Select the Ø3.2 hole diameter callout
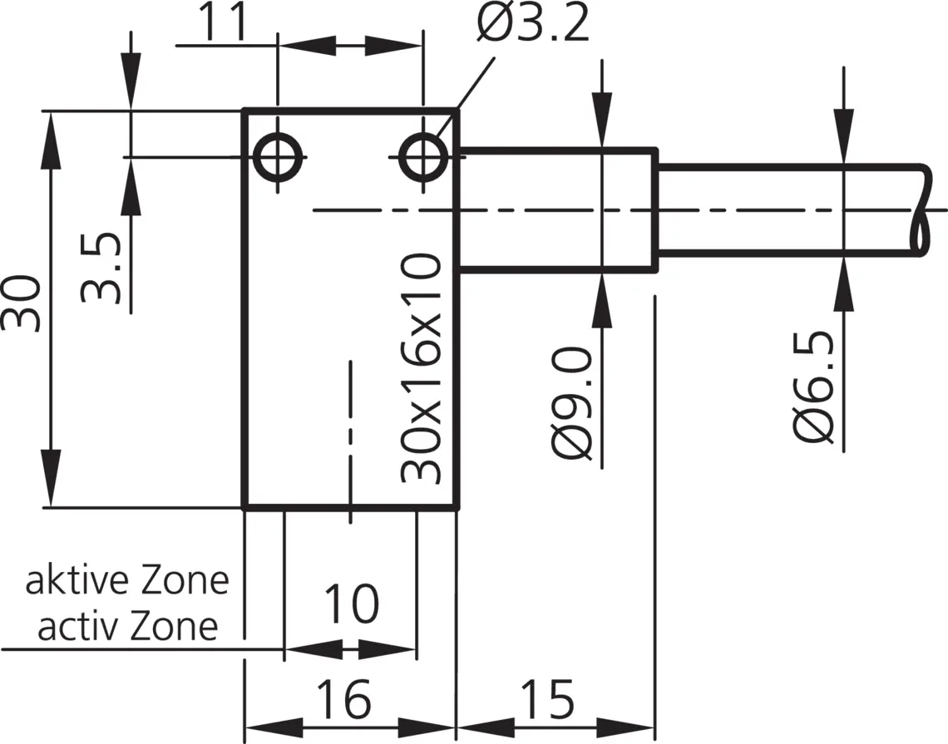click(533, 23)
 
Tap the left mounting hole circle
click(278, 158)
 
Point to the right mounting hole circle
click(424, 158)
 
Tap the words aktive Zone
click(127, 580)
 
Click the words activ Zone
click(127, 626)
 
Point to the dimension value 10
click(352, 603)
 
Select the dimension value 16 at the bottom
click(344, 698)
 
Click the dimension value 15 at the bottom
click(548, 698)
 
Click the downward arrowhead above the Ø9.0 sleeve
click(602, 120)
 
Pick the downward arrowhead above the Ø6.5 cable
click(844, 136)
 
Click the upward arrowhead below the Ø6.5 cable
click(844, 283)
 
